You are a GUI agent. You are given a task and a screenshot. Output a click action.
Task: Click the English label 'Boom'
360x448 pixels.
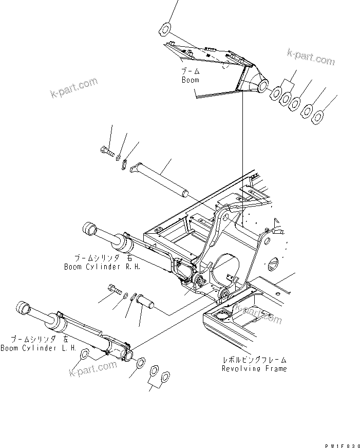[x=190, y=80]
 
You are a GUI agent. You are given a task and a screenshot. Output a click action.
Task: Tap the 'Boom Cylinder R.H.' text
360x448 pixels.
[x=102, y=267]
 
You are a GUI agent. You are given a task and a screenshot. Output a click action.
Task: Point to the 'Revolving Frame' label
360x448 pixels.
[x=254, y=368]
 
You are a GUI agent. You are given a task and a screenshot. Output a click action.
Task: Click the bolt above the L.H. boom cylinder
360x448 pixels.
[x=113, y=292]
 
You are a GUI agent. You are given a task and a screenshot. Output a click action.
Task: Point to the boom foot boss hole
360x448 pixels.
[x=263, y=85]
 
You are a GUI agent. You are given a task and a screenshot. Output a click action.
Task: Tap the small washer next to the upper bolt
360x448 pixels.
[x=118, y=156]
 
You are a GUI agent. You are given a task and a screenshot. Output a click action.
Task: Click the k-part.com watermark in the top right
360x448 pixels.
[x=311, y=58]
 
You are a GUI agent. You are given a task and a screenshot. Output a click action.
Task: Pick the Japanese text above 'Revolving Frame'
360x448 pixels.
[x=254, y=360]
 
